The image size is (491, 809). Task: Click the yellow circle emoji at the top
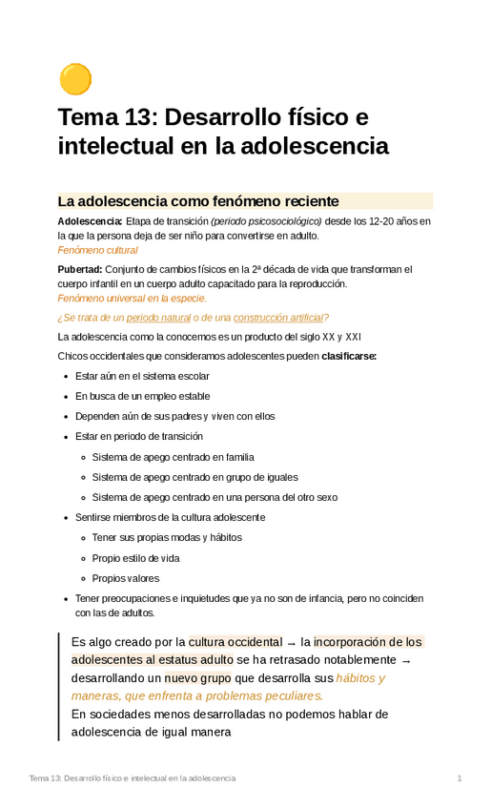pos(74,80)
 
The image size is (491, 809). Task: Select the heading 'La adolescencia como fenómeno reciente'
pos(198,201)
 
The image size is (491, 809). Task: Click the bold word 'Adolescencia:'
pos(90,221)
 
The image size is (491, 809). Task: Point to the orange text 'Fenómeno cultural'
pos(98,250)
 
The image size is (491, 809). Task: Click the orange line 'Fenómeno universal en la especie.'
pos(133,299)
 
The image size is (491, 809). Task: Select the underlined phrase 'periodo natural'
pos(157,318)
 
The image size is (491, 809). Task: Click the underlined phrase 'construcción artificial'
pos(277,318)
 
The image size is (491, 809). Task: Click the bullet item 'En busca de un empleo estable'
pos(143,396)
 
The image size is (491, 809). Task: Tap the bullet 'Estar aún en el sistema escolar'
pos(142,376)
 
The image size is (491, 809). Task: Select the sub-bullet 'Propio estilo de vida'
pos(135,558)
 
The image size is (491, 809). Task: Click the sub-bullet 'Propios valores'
pos(126,578)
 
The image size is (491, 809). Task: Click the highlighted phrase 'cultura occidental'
pos(235,641)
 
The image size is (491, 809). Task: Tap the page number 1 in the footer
pos(460,779)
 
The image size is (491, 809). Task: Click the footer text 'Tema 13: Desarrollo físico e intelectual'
pos(133,779)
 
